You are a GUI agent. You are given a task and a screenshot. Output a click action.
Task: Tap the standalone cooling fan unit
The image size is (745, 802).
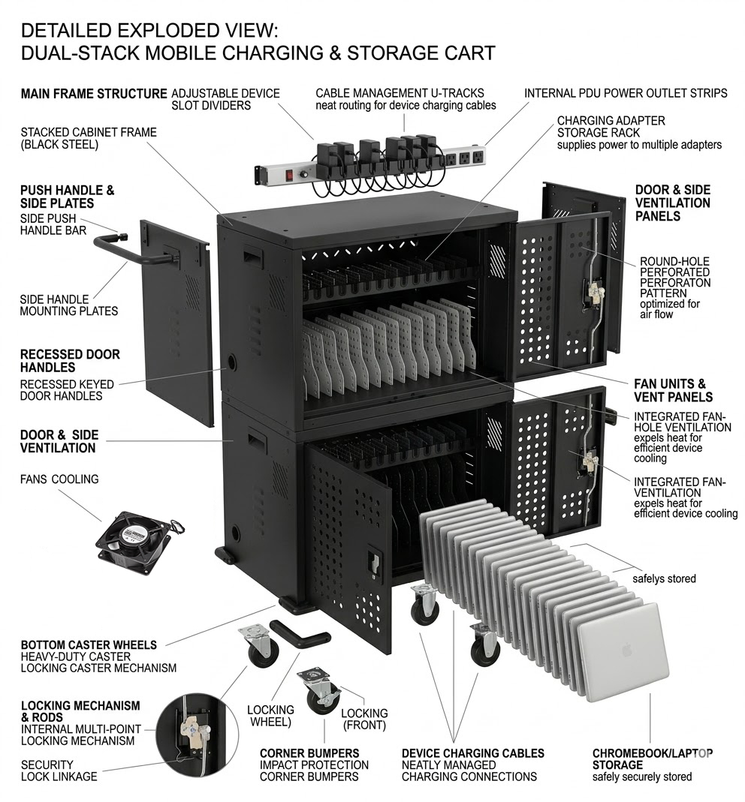(132, 541)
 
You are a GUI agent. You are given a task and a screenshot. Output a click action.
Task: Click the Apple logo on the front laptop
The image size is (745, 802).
(627, 650)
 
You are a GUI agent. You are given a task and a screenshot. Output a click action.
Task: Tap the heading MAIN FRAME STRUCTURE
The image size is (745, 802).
(94, 94)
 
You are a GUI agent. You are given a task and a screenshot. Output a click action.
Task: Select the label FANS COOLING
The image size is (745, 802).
(59, 479)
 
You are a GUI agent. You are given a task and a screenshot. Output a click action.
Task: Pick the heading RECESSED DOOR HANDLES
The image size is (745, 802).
(70, 361)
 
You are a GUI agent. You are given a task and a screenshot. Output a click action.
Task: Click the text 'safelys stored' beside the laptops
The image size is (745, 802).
(664, 578)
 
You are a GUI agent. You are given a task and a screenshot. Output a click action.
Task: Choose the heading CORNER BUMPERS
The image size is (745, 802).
(309, 752)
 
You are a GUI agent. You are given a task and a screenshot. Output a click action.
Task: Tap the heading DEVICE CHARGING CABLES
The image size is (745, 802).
(472, 752)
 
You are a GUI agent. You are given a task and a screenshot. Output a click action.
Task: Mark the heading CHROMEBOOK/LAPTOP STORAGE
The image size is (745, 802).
(653, 758)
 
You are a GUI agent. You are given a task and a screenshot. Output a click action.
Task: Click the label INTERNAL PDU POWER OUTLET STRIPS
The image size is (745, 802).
(626, 94)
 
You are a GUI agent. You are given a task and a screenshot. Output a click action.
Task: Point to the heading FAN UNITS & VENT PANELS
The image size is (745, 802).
(674, 390)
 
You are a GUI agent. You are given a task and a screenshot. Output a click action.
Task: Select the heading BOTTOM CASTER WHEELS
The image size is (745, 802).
(89, 644)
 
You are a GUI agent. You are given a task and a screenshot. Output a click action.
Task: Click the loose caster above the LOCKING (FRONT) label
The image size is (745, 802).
(319, 690)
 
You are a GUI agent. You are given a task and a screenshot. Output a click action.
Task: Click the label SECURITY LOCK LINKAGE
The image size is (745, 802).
(59, 770)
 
